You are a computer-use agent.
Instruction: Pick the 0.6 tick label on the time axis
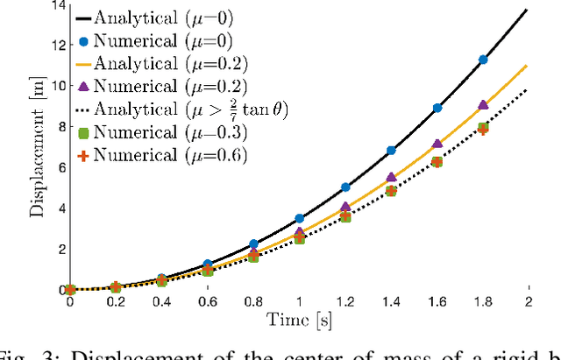(x=207, y=302)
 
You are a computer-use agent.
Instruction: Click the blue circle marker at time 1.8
(x=482, y=60)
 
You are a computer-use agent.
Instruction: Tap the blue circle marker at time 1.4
(x=391, y=151)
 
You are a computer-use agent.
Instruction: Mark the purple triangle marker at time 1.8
(x=482, y=105)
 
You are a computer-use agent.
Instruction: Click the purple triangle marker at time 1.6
(x=437, y=144)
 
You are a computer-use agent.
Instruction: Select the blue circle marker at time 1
(x=299, y=218)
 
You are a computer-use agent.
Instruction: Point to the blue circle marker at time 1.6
(x=437, y=108)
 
